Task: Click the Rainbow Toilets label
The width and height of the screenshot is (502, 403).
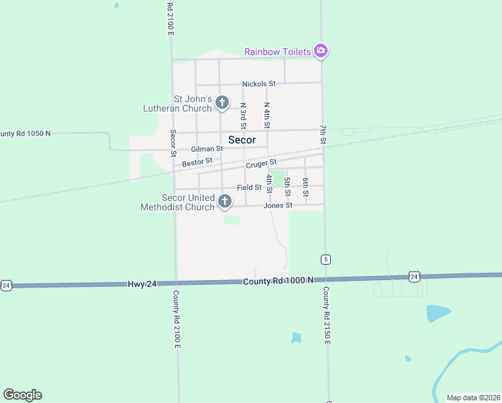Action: (x=278, y=52)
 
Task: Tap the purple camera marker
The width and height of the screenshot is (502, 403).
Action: (x=321, y=51)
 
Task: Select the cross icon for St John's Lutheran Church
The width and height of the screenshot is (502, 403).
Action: (x=222, y=103)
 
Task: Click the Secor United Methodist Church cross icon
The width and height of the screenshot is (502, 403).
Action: (x=225, y=201)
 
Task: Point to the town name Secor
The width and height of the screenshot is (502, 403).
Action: (x=242, y=140)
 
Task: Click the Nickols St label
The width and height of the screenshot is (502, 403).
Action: (x=259, y=84)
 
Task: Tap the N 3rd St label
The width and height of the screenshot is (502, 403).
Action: (x=243, y=116)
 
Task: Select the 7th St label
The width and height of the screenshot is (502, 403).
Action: (x=323, y=134)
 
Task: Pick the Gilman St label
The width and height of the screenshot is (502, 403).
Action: (x=207, y=148)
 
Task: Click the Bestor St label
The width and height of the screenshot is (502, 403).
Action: (x=197, y=162)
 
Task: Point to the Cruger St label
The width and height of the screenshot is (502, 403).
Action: (x=261, y=163)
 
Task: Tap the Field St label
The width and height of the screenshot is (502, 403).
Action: (x=249, y=187)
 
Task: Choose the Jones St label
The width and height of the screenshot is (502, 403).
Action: (x=278, y=206)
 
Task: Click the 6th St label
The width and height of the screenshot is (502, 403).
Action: (x=305, y=187)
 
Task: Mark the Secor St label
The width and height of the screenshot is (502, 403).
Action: (x=172, y=139)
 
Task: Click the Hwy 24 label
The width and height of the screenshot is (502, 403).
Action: (x=142, y=284)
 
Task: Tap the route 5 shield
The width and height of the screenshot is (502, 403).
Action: (x=325, y=259)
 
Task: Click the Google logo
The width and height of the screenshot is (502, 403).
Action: (x=22, y=395)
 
